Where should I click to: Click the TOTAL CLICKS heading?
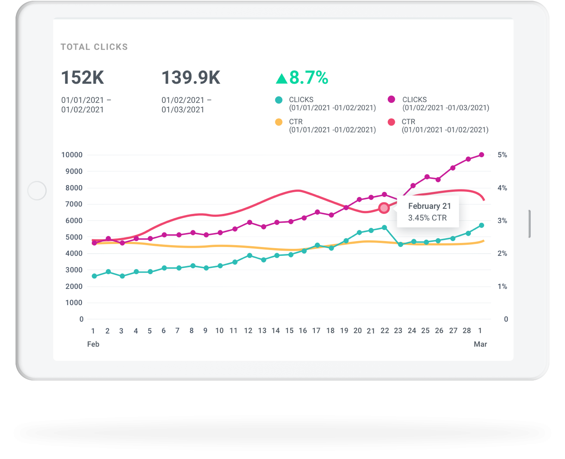click(x=94, y=47)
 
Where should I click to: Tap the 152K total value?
click(x=82, y=77)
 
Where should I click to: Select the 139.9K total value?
click(x=191, y=77)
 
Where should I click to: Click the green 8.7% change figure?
click(x=302, y=78)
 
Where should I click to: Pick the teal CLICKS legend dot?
click(x=279, y=100)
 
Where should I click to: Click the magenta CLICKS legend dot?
click(x=391, y=99)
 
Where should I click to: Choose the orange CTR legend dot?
click(x=279, y=122)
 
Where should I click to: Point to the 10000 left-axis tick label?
click(x=72, y=155)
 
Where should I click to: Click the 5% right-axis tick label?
click(x=502, y=155)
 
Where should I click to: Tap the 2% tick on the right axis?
click(x=502, y=254)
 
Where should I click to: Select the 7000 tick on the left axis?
click(x=74, y=204)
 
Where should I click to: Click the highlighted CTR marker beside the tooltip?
click(x=384, y=208)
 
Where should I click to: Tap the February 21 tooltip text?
click(x=429, y=206)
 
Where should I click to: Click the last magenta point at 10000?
click(x=481, y=155)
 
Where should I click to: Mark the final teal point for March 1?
click(x=481, y=225)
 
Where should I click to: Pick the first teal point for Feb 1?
click(x=94, y=276)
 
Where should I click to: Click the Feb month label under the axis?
click(x=93, y=344)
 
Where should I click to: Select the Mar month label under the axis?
click(x=480, y=344)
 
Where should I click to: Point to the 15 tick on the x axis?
click(x=289, y=331)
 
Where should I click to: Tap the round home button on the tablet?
click(x=37, y=191)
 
